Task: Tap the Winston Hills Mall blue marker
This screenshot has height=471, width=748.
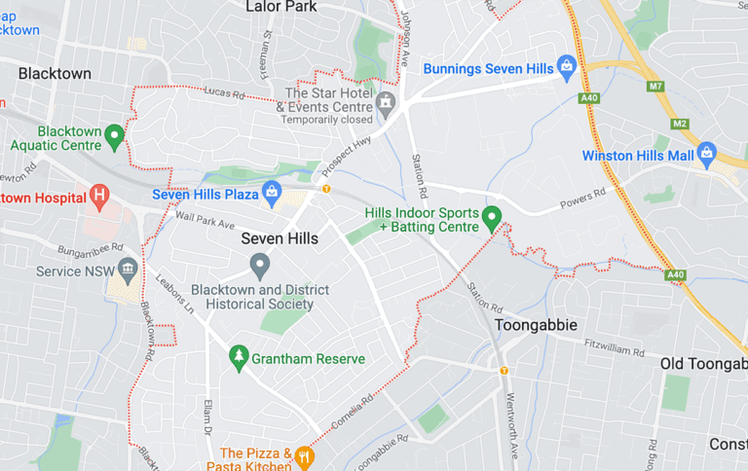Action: (706, 155)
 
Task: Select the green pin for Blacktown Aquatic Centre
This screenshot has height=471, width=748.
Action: (114, 136)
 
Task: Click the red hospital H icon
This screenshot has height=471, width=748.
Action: (98, 197)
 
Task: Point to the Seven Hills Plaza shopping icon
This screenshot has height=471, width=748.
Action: (272, 194)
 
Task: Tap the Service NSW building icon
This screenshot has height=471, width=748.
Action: (128, 270)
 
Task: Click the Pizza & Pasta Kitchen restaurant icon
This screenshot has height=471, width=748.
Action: (304, 456)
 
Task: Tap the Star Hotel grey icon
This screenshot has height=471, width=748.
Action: (386, 101)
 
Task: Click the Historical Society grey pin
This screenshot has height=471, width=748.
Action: (259, 264)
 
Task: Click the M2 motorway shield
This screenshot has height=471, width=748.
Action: (680, 124)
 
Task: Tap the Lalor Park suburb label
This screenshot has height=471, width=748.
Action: (282, 7)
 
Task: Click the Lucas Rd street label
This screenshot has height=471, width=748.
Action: (223, 91)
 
